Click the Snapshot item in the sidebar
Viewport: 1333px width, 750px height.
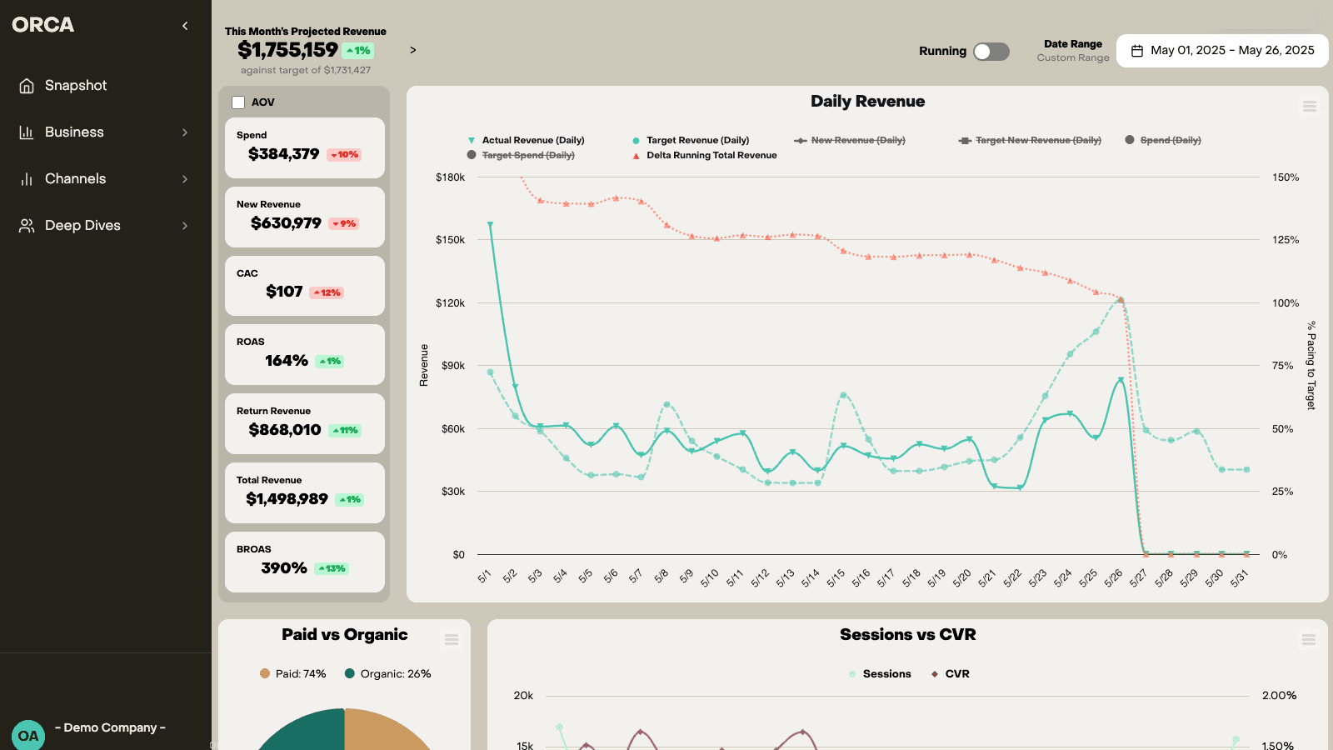[75, 86]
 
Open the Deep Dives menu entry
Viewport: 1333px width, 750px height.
[82, 226]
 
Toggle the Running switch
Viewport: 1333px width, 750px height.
[991, 52]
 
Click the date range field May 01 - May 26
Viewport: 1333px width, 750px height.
[1222, 51]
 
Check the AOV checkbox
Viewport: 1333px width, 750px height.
[238, 102]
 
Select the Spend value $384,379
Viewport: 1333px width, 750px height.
[283, 154]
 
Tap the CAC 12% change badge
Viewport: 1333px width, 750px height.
[327, 292]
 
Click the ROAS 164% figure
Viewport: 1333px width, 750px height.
[287, 361]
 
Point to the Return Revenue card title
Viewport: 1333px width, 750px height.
[273, 411]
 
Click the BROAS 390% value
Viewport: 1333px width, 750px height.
[284, 568]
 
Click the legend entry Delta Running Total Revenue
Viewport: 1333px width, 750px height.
[711, 156]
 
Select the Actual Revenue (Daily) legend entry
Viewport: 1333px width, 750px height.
[532, 141]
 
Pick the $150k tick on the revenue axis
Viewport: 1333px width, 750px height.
[450, 240]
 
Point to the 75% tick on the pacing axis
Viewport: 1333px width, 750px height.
[1282, 366]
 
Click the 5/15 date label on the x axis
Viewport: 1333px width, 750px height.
[836, 577]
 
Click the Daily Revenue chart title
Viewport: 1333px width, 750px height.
[867, 102]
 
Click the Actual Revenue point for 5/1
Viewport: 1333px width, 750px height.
[490, 224]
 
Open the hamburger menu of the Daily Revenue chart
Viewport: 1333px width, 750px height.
[1309, 107]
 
